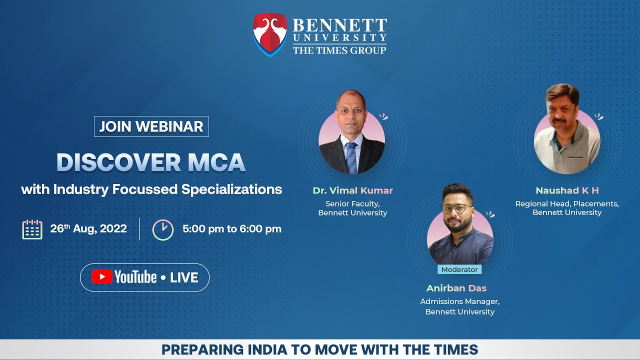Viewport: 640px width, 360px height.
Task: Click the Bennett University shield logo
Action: (270, 34)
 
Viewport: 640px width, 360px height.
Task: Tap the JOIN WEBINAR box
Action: (151, 126)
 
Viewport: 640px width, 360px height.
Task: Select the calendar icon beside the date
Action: (32, 229)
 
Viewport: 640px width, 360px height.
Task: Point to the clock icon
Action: (163, 229)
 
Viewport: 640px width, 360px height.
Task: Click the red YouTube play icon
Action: (101, 277)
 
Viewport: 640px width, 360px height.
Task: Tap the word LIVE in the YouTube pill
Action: (184, 277)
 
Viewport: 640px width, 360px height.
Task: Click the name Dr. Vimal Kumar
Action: (352, 190)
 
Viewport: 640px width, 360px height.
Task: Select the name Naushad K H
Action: (567, 190)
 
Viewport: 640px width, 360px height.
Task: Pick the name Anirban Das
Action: (456, 288)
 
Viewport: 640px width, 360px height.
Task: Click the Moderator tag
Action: (459, 269)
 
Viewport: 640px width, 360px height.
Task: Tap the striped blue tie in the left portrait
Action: (351, 156)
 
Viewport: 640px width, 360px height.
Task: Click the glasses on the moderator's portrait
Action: (456, 208)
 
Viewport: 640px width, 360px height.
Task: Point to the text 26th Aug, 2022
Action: (88, 229)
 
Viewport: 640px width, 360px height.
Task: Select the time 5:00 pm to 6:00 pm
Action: (232, 229)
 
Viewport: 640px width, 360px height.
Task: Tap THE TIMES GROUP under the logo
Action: (339, 50)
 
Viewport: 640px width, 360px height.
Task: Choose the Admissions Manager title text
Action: (459, 301)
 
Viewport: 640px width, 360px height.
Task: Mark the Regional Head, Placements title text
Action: (567, 204)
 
